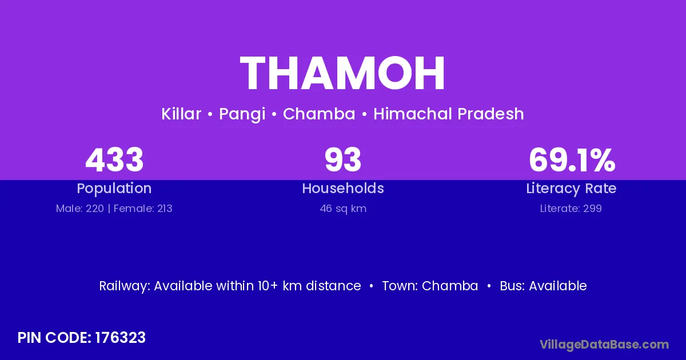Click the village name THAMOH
pos(342,73)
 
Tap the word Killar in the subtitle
pos(181,114)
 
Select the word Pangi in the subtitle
pos(242,114)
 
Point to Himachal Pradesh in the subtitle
pos(449,114)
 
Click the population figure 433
pos(114,159)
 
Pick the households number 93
pos(343,159)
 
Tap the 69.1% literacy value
pos(572,159)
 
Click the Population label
pos(114,189)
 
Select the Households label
pos(343,188)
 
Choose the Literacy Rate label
pos(571,189)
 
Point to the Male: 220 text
pos(80,209)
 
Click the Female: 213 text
pos(143,209)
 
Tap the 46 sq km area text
pos(343,209)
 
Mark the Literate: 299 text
pos(571,209)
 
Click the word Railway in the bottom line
pos(125,286)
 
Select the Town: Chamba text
pos(430,286)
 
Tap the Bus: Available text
pos(543,286)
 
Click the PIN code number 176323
pos(121,338)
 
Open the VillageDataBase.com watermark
pos(604,345)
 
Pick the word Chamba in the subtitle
pos(319,114)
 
